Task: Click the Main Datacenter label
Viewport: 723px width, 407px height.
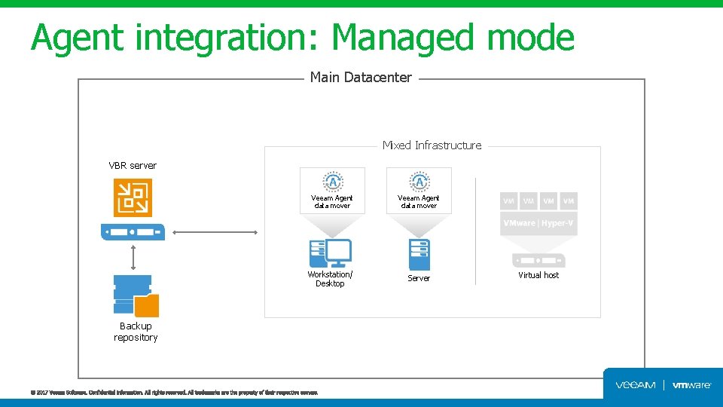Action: coord(361,78)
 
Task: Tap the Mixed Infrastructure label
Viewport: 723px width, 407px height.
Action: coord(432,145)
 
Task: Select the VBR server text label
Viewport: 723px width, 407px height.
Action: coord(133,165)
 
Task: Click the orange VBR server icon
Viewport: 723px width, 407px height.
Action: coord(133,197)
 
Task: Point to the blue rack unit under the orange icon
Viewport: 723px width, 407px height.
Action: coord(133,231)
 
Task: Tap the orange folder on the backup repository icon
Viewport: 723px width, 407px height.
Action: coord(147,305)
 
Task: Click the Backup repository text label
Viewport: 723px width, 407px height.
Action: coord(136,332)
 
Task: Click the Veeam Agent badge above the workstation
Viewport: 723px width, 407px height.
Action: coord(332,182)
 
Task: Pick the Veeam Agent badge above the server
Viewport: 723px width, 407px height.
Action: coord(419,182)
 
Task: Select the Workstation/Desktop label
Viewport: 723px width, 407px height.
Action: coord(330,279)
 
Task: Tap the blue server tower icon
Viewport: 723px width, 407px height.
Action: coord(419,254)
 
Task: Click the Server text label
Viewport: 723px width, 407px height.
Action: coord(419,278)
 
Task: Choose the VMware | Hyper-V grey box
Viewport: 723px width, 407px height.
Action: coord(538,224)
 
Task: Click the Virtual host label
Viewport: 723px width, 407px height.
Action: coord(538,275)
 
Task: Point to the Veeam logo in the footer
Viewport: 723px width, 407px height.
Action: coord(636,385)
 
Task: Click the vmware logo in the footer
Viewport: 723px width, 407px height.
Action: coord(691,385)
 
